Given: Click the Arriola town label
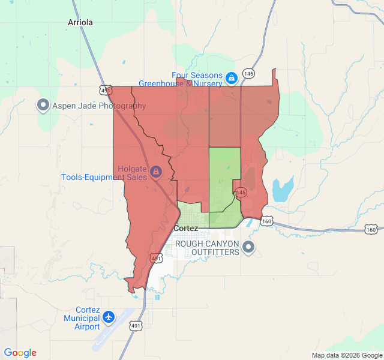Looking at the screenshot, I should (80, 22).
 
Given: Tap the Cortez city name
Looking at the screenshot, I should (185, 229).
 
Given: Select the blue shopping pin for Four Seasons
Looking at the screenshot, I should (231, 77).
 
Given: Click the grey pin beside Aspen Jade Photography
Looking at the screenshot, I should (43, 106).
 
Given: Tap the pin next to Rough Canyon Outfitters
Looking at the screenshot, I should (248, 247).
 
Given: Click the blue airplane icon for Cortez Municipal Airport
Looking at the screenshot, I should (109, 317).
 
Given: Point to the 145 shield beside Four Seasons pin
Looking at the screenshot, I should (248, 74).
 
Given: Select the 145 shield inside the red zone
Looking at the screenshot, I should (241, 193).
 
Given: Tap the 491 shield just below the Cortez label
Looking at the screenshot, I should (156, 259).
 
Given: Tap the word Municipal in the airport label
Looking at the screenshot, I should (82, 318).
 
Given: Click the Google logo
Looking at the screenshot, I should (20, 353).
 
